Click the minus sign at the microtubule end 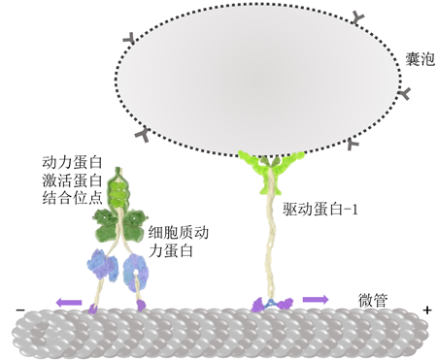(x=18, y=311)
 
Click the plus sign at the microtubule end (x=426, y=311)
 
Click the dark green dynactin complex (x=118, y=223)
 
